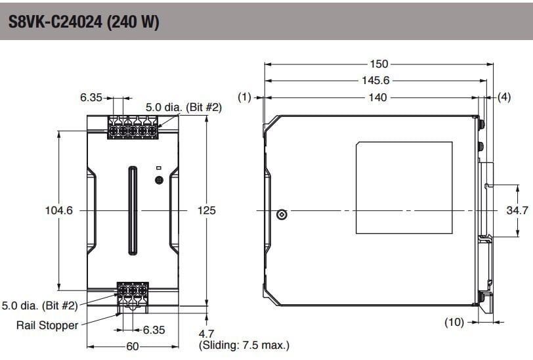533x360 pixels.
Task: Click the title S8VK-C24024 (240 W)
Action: coord(84,22)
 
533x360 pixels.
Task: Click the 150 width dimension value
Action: coord(379,64)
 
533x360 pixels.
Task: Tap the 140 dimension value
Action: coord(379,97)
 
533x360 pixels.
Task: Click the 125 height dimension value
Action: coord(206,211)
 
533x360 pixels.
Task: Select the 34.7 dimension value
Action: coord(517,211)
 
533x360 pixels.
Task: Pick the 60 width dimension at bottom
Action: coord(133,346)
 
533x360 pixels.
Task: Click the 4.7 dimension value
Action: coord(206,334)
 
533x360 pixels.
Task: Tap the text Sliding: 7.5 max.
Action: coord(244,345)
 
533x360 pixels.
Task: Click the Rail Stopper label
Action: coord(47,325)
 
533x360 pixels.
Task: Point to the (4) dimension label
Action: coord(503,97)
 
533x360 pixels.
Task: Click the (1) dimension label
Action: coord(245,97)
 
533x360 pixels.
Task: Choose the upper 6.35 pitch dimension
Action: coord(91,97)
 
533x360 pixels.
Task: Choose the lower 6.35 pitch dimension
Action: coord(154,330)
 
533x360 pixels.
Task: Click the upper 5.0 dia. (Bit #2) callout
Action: coord(183,106)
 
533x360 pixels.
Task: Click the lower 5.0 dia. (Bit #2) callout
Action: coord(40,305)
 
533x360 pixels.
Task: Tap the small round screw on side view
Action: coord(282,215)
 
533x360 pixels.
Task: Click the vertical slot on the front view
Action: coord(133,210)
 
